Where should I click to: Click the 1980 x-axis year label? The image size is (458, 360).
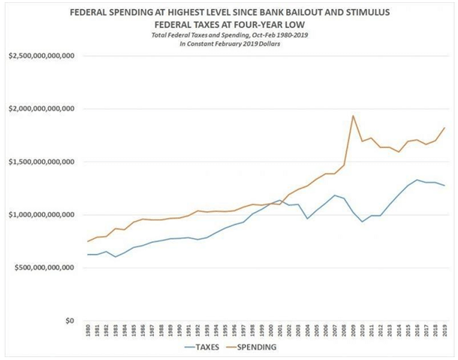pyautogui.click(x=89, y=331)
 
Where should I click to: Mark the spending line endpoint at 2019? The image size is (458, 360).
pyautogui.click(x=445, y=128)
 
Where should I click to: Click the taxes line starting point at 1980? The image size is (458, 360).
pyautogui.click(x=89, y=254)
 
